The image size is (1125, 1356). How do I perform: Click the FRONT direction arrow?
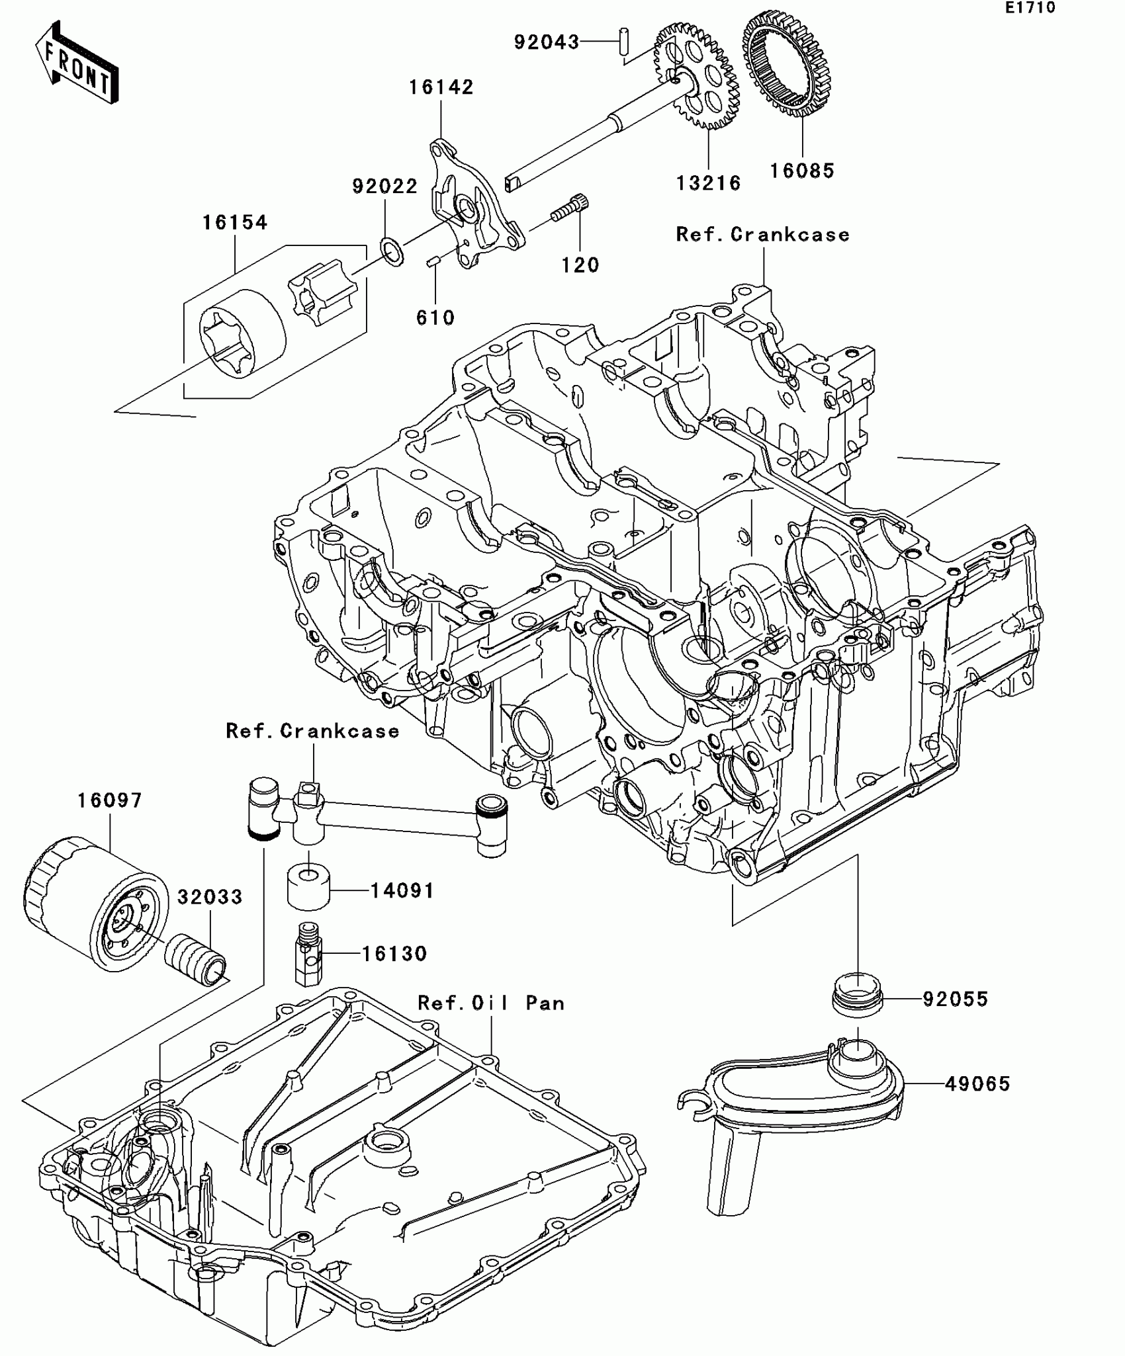pos(77,64)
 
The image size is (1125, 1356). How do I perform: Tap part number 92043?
pos(546,42)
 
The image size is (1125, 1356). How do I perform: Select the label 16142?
pos(441,87)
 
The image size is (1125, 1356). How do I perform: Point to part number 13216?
pos(708,183)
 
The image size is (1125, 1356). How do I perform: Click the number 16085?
pos(801,171)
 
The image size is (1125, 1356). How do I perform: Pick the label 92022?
pos(384,187)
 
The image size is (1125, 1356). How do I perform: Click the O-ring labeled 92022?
pos(391,252)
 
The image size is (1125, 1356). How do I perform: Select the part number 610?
pos(435,318)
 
